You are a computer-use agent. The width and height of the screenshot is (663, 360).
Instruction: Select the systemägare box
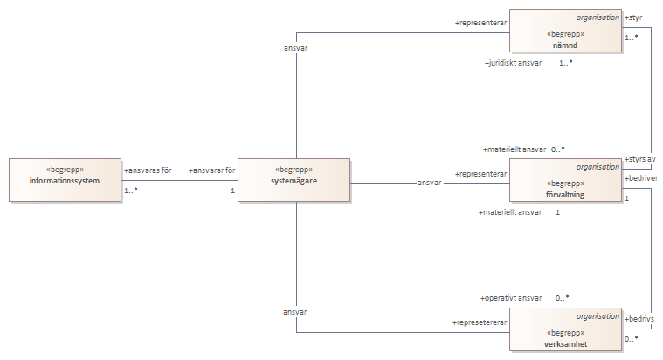[294, 180]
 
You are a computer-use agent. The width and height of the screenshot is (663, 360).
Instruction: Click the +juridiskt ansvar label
[514, 63]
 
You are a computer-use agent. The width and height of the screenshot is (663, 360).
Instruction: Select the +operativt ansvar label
[511, 298]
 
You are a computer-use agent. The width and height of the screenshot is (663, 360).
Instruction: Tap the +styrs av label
[641, 159]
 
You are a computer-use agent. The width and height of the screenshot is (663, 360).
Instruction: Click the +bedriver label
[641, 177]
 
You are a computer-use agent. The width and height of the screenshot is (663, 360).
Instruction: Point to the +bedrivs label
[639, 319]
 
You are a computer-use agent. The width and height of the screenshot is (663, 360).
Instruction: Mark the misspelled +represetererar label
[480, 322]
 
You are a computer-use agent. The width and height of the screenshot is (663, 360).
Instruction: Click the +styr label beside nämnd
[633, 17]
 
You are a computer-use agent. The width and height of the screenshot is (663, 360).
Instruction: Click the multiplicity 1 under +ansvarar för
[233, 190]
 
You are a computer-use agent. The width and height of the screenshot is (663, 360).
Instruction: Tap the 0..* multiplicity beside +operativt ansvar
[563, 298]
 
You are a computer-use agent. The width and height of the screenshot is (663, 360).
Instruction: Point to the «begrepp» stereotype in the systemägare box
[294, 170]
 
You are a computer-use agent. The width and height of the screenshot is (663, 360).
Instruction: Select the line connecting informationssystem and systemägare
[178, 181]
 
